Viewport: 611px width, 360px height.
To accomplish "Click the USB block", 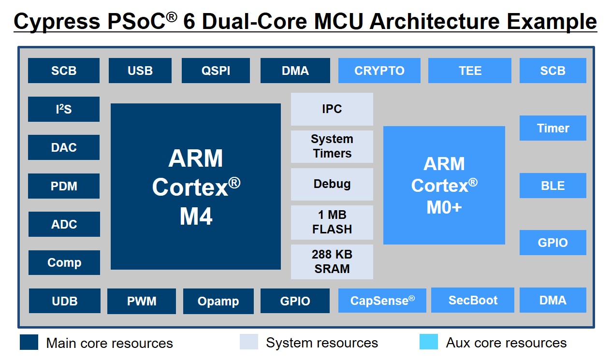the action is tap(140, 71).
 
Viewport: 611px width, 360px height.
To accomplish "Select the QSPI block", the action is tap(216, 71).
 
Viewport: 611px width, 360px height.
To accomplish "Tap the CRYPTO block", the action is tap(379, 71).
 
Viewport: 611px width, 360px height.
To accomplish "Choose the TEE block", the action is tap(470, 71).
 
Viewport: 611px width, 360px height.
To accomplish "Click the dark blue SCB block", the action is tap(63, 71).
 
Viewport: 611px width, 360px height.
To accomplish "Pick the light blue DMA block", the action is tap(553, 300).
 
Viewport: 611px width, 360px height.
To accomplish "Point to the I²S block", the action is tap(63, 109).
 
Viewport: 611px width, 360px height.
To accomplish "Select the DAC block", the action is tap(63, 147).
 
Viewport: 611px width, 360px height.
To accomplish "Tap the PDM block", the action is tap(63, 186).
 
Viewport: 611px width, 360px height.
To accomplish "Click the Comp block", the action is tap(64, 262).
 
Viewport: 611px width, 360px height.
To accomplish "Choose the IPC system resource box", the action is tap(332, 109).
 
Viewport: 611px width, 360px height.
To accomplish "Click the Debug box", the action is tap(332, 184).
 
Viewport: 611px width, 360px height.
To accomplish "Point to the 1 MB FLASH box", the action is tap(332, 222).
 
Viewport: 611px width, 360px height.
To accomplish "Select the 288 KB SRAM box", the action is tap(332, 261).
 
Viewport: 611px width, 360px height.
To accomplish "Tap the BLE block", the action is tap(553, 186).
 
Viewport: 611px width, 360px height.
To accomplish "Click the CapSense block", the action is tap(382, 301).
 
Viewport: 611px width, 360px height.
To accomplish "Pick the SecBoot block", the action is tap(472, 300).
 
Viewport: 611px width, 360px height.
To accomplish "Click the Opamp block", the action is tap(218, 301).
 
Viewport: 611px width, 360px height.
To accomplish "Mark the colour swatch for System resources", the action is tap(249, 342).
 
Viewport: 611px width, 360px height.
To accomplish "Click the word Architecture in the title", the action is tap(435, 21).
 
